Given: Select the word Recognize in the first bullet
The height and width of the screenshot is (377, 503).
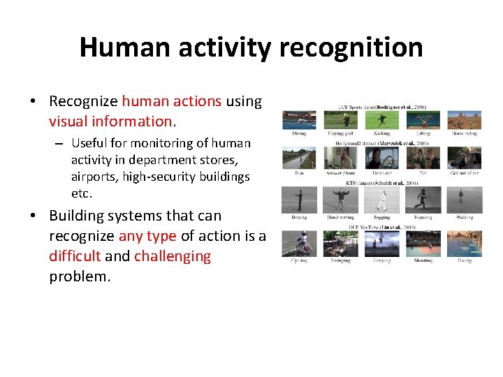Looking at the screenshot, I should pos(84,101).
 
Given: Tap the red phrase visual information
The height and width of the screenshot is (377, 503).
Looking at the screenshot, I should pos(110,121).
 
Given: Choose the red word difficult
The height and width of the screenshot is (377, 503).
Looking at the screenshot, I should pos(75,256).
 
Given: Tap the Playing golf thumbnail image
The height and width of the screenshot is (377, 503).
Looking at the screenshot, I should pos(340,120).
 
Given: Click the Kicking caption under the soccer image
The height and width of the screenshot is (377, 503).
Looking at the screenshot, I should pos(381,133).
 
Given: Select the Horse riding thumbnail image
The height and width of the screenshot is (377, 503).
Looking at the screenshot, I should pos(464,120).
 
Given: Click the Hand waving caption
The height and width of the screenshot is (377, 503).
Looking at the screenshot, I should pos(340,217).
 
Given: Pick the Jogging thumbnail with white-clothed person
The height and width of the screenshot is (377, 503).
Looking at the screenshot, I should pos(381,200).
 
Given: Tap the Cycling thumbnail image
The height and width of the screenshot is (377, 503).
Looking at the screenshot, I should pos(299,244).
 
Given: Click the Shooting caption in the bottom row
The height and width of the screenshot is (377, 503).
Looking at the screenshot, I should pos(423,260).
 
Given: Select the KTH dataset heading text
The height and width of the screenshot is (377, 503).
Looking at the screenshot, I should pos(381,182).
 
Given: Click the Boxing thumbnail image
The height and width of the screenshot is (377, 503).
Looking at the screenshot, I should pos(299,200).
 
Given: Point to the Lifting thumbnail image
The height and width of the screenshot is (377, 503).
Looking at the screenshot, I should pos(423,120).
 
